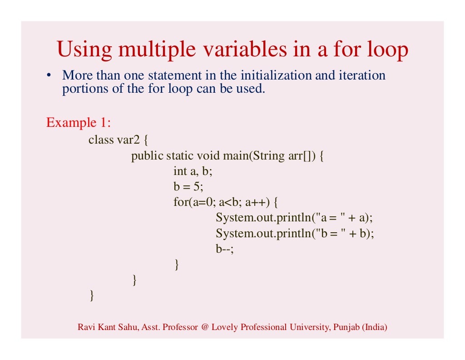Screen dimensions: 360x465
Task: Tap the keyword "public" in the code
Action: coord(147,156)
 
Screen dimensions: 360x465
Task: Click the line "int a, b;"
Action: coord(193,171)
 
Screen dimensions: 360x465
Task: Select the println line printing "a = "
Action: coord(294,218)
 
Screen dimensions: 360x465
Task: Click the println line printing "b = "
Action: coord(294,234)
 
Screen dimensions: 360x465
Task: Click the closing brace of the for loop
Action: coord(177,265)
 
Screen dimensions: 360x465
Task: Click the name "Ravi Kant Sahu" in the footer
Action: coord(102,327)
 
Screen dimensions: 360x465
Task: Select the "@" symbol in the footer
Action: coord(204,327)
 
